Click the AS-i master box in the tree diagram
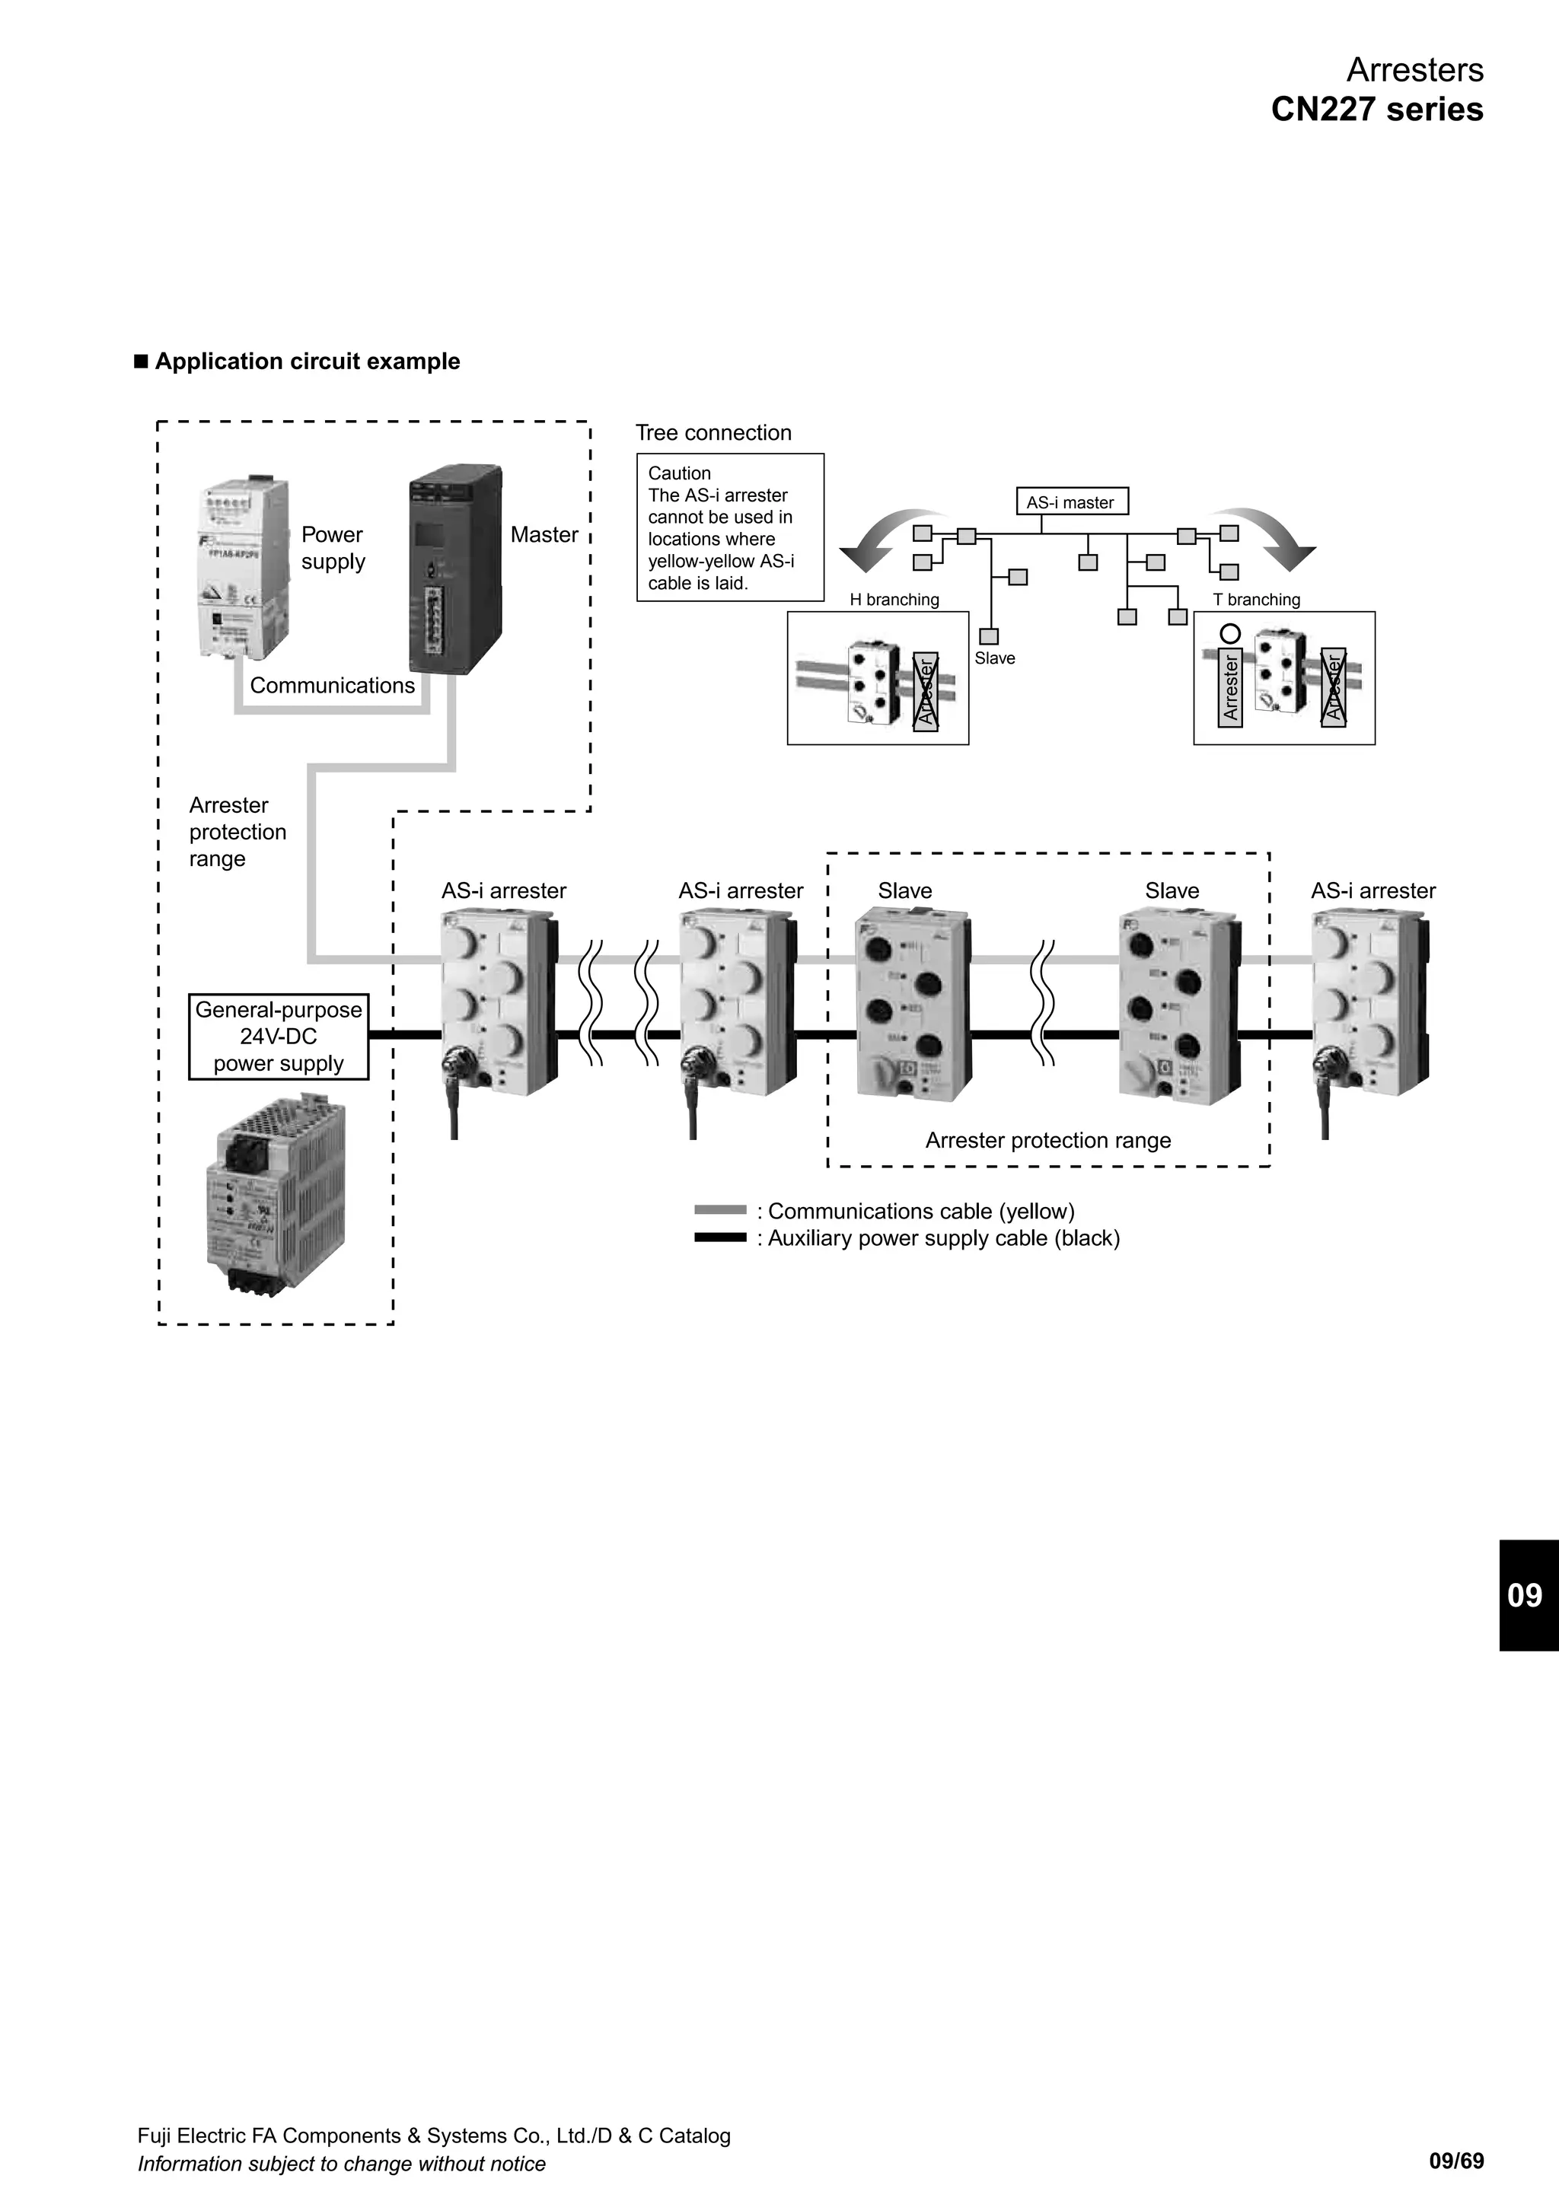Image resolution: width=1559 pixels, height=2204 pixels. pos(1071,502)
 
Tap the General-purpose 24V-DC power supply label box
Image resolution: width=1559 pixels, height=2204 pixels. pos(279,1037)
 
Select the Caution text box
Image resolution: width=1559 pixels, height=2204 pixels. pos(729,528)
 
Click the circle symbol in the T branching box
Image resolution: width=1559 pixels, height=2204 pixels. pos(1229,633)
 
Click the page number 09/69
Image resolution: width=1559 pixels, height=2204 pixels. pos(1455,2161)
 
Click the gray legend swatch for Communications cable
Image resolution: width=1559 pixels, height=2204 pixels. pos(720,1211)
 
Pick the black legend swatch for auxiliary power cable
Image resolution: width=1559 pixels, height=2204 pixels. pos(720,1237)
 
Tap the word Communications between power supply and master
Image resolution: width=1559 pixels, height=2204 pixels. pos(332,686)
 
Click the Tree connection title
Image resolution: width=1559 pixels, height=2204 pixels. pos(713,433)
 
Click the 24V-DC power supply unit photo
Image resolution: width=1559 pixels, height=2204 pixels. pos(276,1200)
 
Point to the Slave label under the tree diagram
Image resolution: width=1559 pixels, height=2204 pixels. pos(994,658)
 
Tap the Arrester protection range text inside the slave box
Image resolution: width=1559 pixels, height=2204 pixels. pos(1047,1140)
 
